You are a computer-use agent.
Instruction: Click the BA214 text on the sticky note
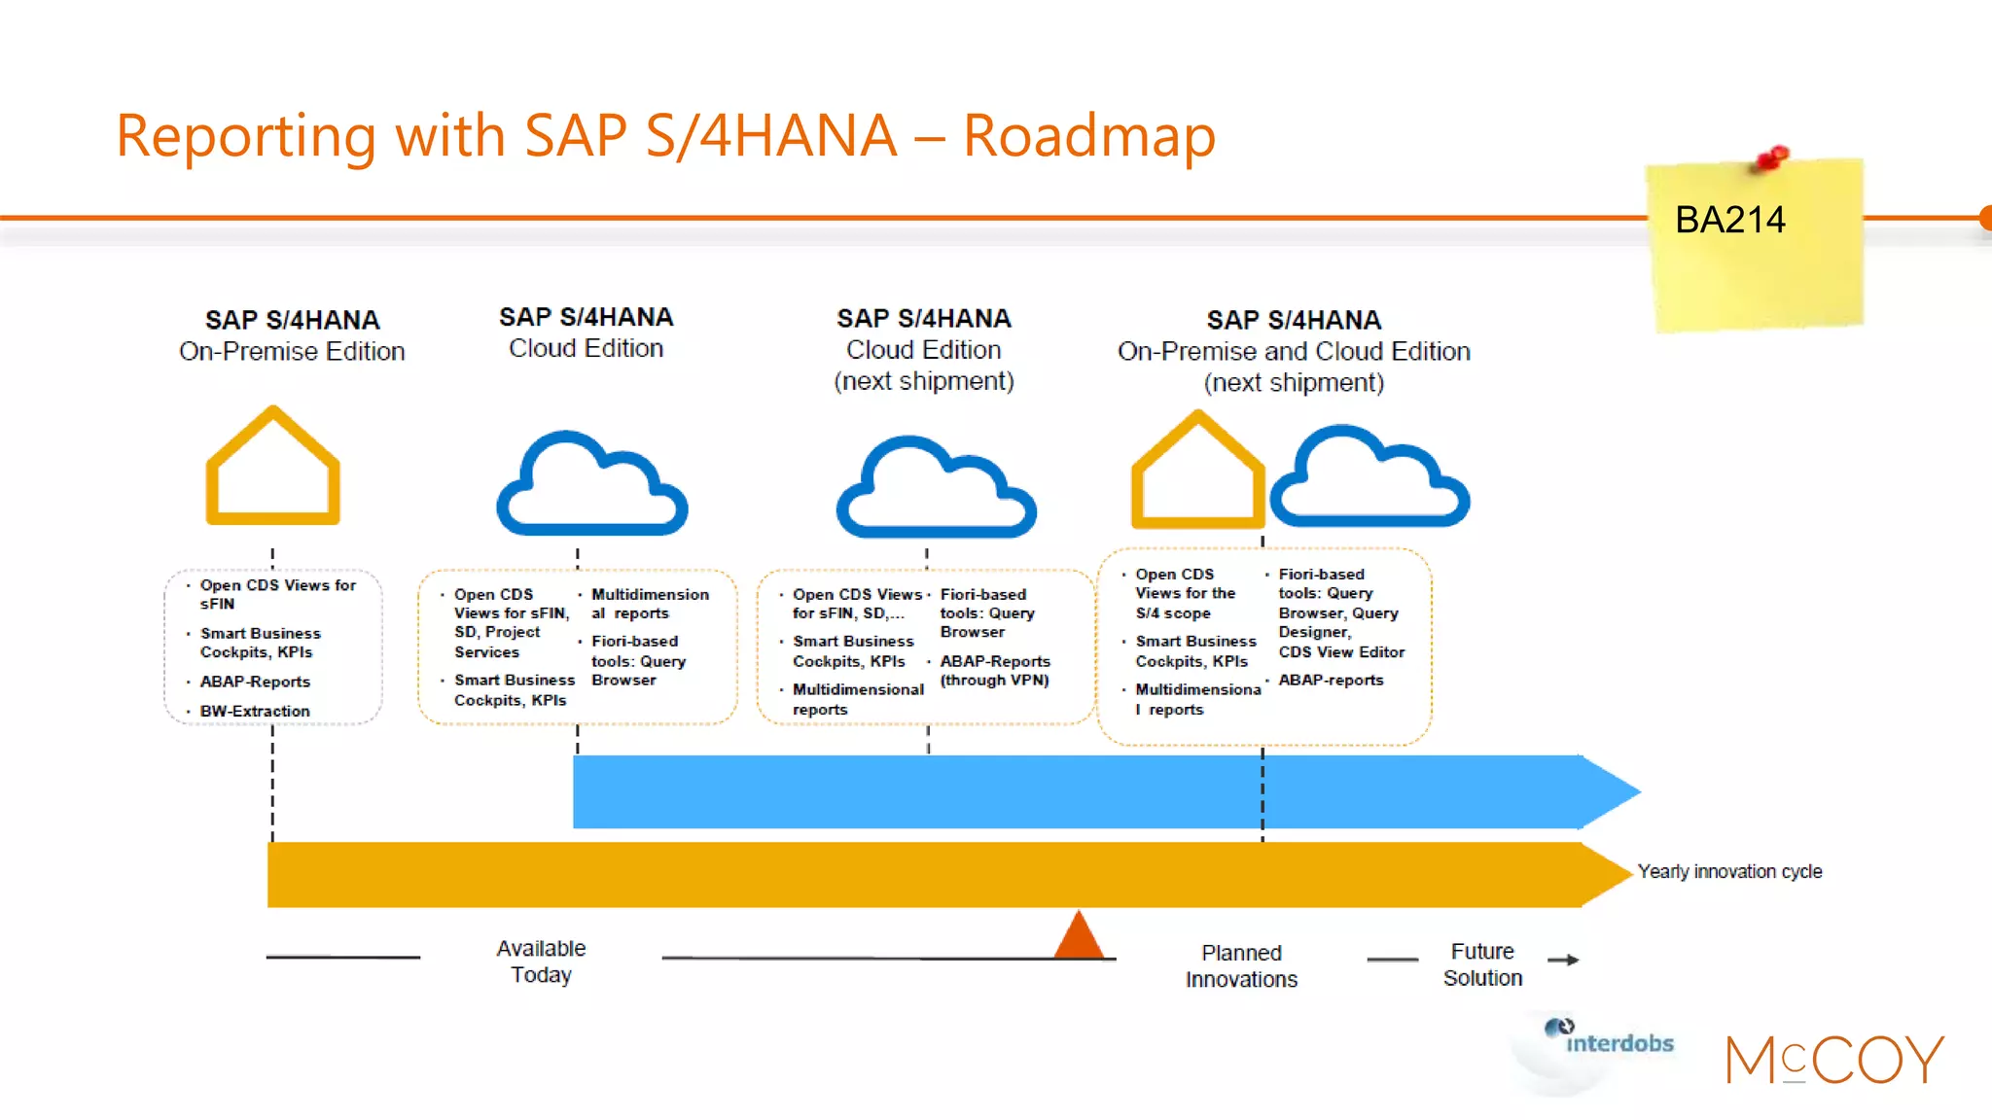tap(1729, 221)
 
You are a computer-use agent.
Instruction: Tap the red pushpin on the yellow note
tap(1772, 157)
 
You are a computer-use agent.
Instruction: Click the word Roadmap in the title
tap(1088, 135)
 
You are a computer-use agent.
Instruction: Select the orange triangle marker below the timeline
tap(1079, 937)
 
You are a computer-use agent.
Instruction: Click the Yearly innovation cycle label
tap(1729, 872)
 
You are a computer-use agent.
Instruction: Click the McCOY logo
tap(1833, 1060)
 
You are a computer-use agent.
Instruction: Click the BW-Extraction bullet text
tap(255, 712)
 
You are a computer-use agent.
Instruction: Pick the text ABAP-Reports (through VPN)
tap(994, 671)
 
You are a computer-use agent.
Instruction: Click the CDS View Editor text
tap(1341, 652)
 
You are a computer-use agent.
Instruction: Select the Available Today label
tap(541, 962)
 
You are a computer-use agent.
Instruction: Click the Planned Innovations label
tap(1241, 966)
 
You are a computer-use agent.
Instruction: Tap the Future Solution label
tap(1482, 964)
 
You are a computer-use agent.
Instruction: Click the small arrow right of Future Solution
tap(1563, 961)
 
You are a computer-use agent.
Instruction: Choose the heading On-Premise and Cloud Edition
tap(1294, 351)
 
